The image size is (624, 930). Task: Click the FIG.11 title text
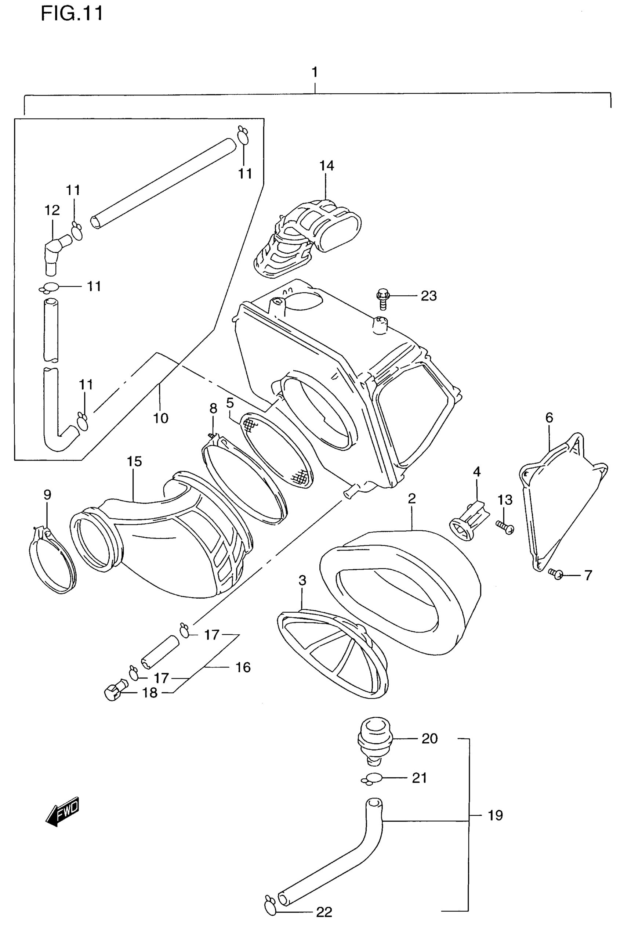click(72, 13)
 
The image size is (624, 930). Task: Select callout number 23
click(429, 296)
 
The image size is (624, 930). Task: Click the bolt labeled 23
click(382, 298)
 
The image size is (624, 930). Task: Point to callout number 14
click(326, 166)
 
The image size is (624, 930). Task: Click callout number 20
click(429, 739)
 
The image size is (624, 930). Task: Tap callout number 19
click(496, 815)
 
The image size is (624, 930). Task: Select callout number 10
click(161, 418)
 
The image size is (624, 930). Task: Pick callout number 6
click(549, 418)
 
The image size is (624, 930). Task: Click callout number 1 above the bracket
click(315, 72)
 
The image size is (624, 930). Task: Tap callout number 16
click(243, 667)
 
